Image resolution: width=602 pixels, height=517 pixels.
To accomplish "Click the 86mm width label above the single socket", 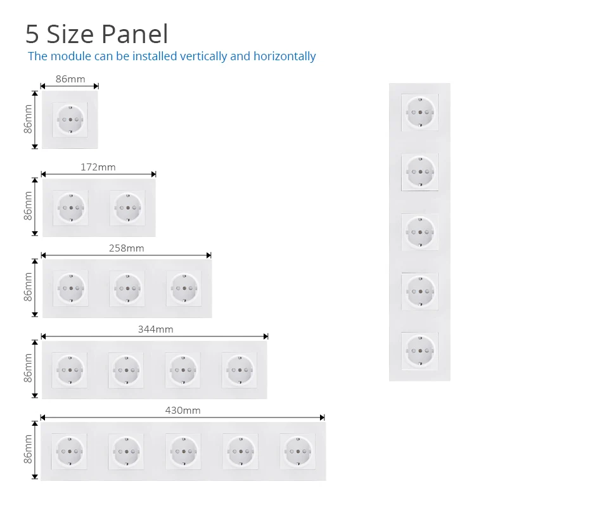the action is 70,79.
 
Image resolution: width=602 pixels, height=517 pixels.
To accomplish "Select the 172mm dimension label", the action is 98,167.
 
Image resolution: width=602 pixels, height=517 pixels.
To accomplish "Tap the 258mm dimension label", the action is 126,248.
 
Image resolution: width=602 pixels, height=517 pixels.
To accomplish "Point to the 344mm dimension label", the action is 155,329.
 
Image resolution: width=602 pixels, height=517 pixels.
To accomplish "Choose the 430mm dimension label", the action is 183,411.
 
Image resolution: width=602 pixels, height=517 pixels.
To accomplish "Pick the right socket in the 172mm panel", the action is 127,207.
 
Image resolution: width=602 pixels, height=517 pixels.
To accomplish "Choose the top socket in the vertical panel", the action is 419,113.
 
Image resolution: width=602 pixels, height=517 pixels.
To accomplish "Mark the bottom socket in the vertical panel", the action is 419,350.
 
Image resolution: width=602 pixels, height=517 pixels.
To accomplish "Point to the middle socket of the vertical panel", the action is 419,232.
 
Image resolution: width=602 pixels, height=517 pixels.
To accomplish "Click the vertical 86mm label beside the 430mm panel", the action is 28,449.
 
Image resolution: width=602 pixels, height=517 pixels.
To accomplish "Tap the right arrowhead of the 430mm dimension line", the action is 322,418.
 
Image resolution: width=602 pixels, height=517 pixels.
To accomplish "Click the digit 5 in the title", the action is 32,34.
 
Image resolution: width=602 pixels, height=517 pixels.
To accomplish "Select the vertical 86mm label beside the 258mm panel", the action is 28,286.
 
